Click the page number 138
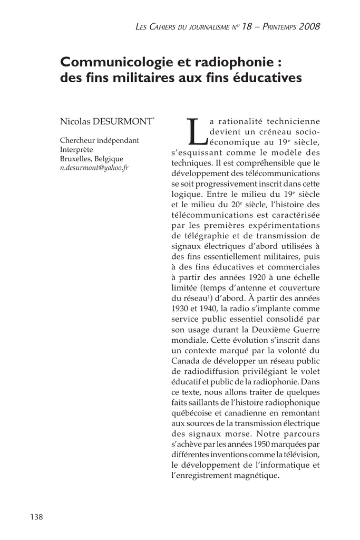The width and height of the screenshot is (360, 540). [x=36, y=517]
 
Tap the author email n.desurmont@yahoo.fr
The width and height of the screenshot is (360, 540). [x=94, y=168]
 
